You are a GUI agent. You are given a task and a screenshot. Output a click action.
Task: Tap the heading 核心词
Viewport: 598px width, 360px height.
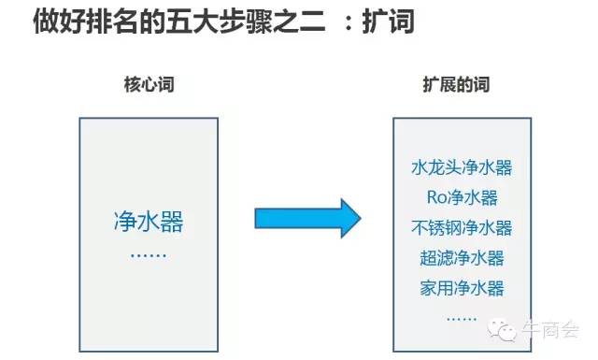click(x=149, y=86)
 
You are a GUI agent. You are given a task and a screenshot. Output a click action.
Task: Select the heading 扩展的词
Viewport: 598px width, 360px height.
click(x=456, y=86)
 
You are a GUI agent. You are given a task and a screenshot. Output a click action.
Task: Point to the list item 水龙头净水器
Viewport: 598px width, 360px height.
click(x=462, y=168)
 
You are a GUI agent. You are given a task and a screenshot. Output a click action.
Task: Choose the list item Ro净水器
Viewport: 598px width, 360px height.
click(x=462, y=197)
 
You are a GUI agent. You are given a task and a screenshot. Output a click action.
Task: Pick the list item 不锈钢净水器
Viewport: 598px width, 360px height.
click(x=462, y=227)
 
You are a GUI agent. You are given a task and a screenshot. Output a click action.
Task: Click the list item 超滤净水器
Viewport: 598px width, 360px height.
click(x=462, y=257)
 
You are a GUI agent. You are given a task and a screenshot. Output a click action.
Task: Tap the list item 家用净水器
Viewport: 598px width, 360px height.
click(x=462, y=286)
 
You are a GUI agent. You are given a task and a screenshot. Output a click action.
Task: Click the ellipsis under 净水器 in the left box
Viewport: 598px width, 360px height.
click(x=149, y=252)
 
